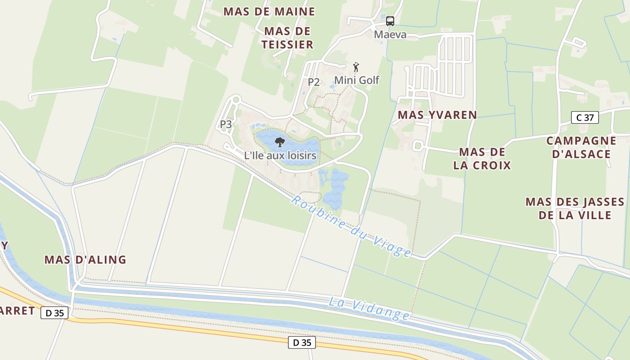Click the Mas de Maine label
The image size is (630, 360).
pos(269,12)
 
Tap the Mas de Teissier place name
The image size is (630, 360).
pos(288,38)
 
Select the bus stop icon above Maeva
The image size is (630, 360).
pos(390,21)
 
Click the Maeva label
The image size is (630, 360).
pos(390,35)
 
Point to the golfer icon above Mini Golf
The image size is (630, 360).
pos(356,67)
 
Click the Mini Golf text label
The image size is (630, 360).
pos(356,81)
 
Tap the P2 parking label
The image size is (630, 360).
pos(314,82)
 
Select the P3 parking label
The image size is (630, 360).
pos(226,124)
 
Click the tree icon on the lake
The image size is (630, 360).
pos(280,142)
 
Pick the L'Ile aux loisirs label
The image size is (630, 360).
pos(280,156)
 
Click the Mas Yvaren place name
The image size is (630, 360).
pos(437,115)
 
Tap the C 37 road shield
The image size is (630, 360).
pos(585,117)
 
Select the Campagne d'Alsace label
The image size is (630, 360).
pos(581,147)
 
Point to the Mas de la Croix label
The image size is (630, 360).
pos(482,158)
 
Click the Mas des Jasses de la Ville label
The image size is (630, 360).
pos(575,208)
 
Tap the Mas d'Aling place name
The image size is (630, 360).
pos(85,260)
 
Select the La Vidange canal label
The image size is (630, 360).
pos(369,309)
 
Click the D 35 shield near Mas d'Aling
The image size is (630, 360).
pos(54,313)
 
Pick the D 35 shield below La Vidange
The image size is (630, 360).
pos(301,342)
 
